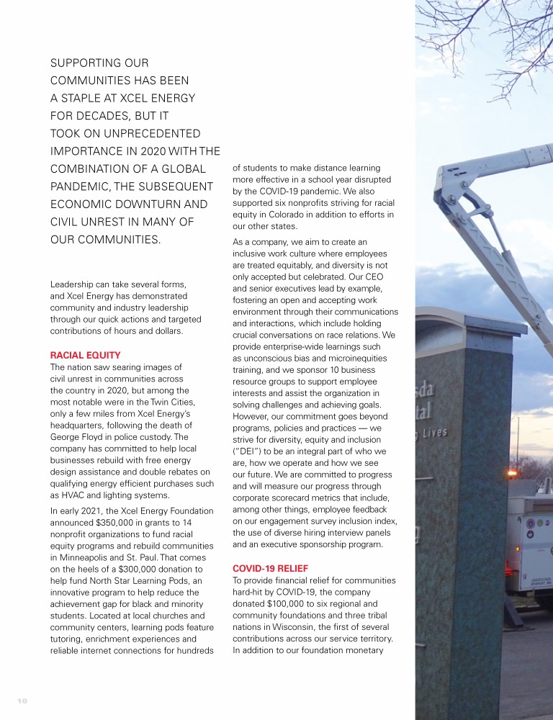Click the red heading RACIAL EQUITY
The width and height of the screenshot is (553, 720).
click(85, 355)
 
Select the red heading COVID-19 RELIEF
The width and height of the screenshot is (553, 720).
click(270, 568)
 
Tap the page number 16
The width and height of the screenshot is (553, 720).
click(22, 699)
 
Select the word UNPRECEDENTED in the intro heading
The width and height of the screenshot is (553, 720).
click(146, 134)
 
